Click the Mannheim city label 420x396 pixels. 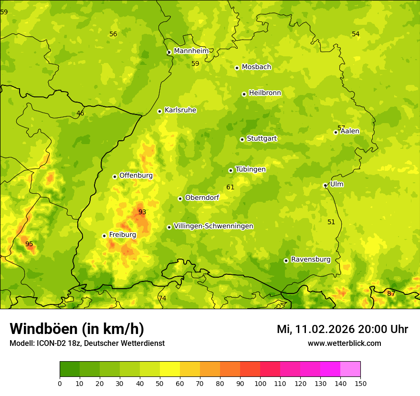point(191,51)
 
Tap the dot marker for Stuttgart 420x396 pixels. point(242,139)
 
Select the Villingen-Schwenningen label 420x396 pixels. point(213,226)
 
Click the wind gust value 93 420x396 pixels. point(142,212)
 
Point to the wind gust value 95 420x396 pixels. point(29,244)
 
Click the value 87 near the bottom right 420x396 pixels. point(391,293)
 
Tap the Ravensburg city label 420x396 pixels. point(311,260)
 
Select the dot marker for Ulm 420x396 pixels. point(325,185)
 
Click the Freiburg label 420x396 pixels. point(123,235)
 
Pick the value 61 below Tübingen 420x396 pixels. point(231,187)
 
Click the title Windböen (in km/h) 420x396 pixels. point(77,329)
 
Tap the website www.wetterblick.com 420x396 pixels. point(344,343)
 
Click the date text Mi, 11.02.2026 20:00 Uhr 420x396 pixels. point(342,329)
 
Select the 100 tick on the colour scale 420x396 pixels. point(260,383)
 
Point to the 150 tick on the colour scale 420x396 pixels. point(360,383)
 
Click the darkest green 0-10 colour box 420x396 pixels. point(70,369)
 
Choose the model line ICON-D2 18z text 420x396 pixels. point(87,343)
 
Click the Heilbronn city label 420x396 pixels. point(265,93)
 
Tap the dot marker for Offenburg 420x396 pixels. point(115,177)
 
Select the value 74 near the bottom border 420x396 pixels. point(162,298)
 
